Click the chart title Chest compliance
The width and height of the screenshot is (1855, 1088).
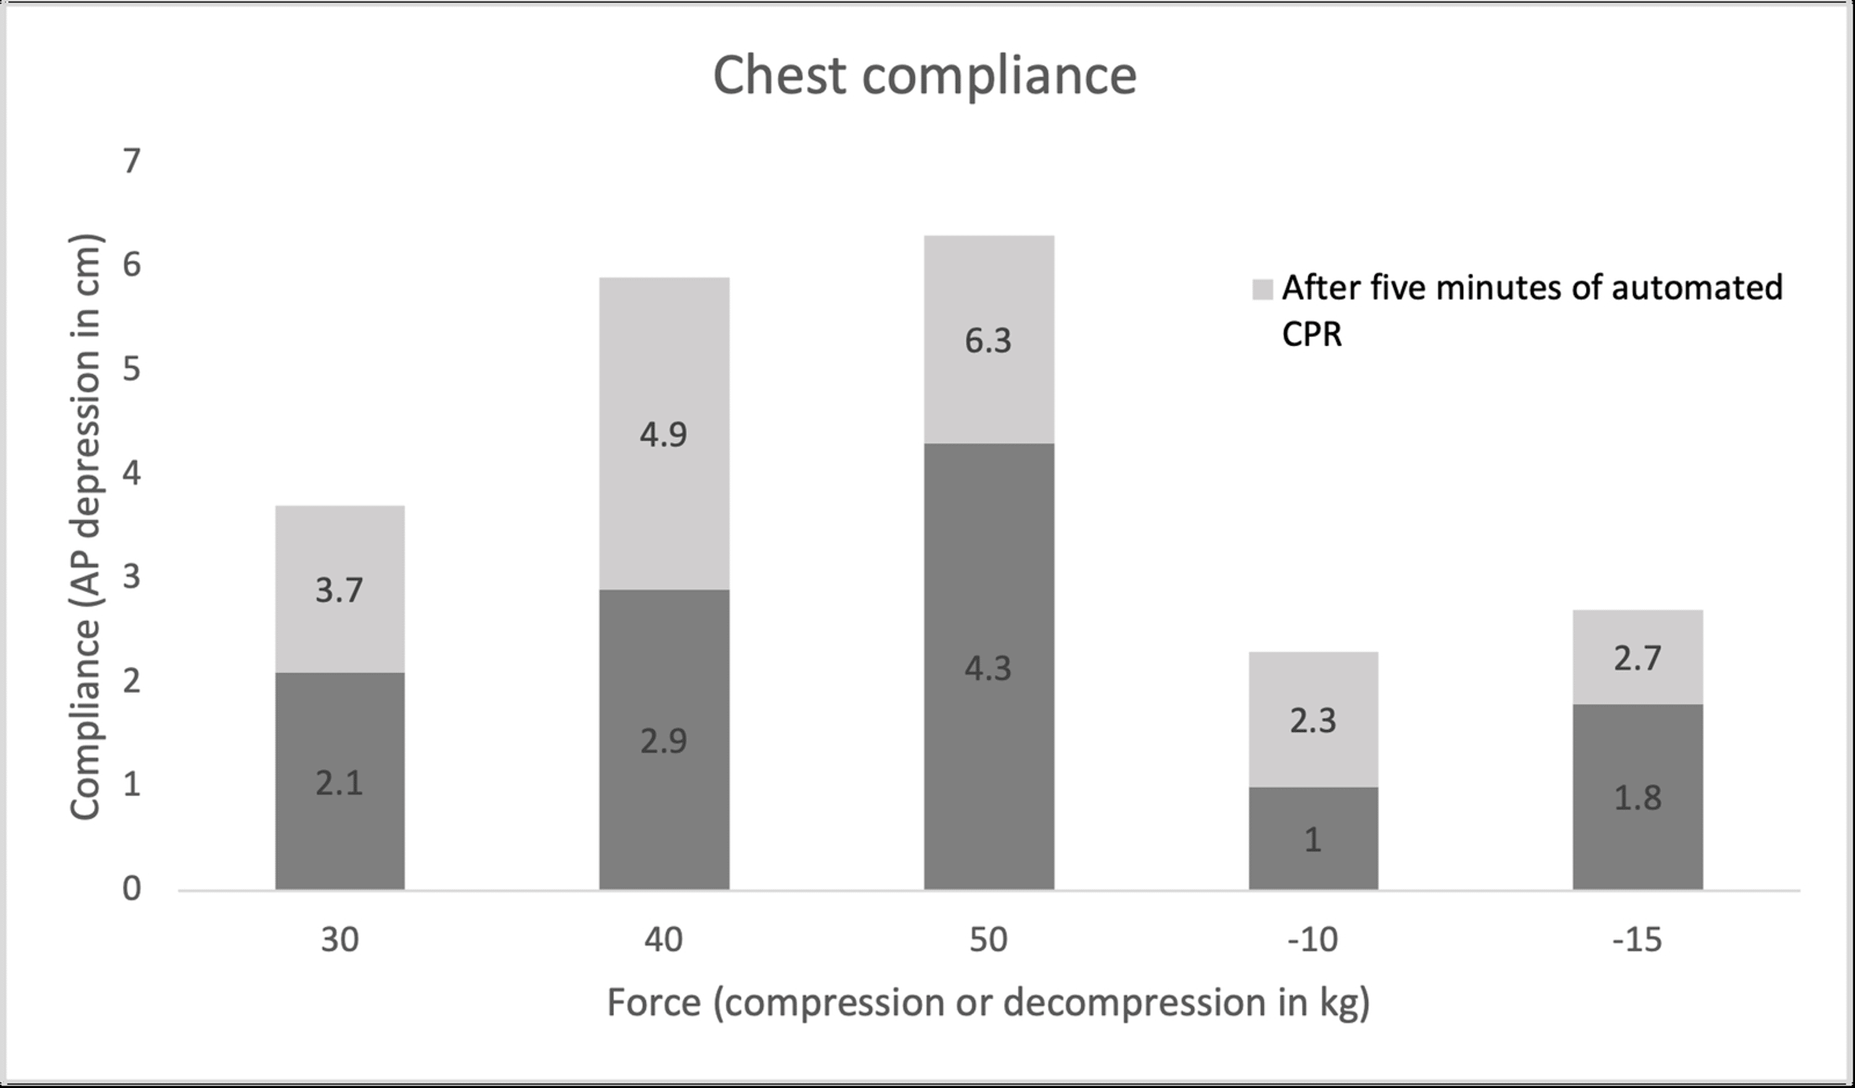click(924, 76)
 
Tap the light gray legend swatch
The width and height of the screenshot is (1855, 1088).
click(1261, 289)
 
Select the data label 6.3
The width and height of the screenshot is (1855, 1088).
click(988, 341)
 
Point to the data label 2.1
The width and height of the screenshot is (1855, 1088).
click(339, 782)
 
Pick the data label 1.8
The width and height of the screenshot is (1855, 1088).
click(1637, 798)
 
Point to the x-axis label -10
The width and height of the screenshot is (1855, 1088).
click(1313, 940)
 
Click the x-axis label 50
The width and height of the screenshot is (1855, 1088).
click(988, 940)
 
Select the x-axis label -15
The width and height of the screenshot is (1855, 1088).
click(1637, 940)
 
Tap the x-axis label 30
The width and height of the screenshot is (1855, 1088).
click(339, 940)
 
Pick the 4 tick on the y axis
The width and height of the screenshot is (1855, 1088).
click(131, 473)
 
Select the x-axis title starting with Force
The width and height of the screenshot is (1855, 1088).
click(988, 1003)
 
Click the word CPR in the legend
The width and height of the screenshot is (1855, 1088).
click(1311, 335)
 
